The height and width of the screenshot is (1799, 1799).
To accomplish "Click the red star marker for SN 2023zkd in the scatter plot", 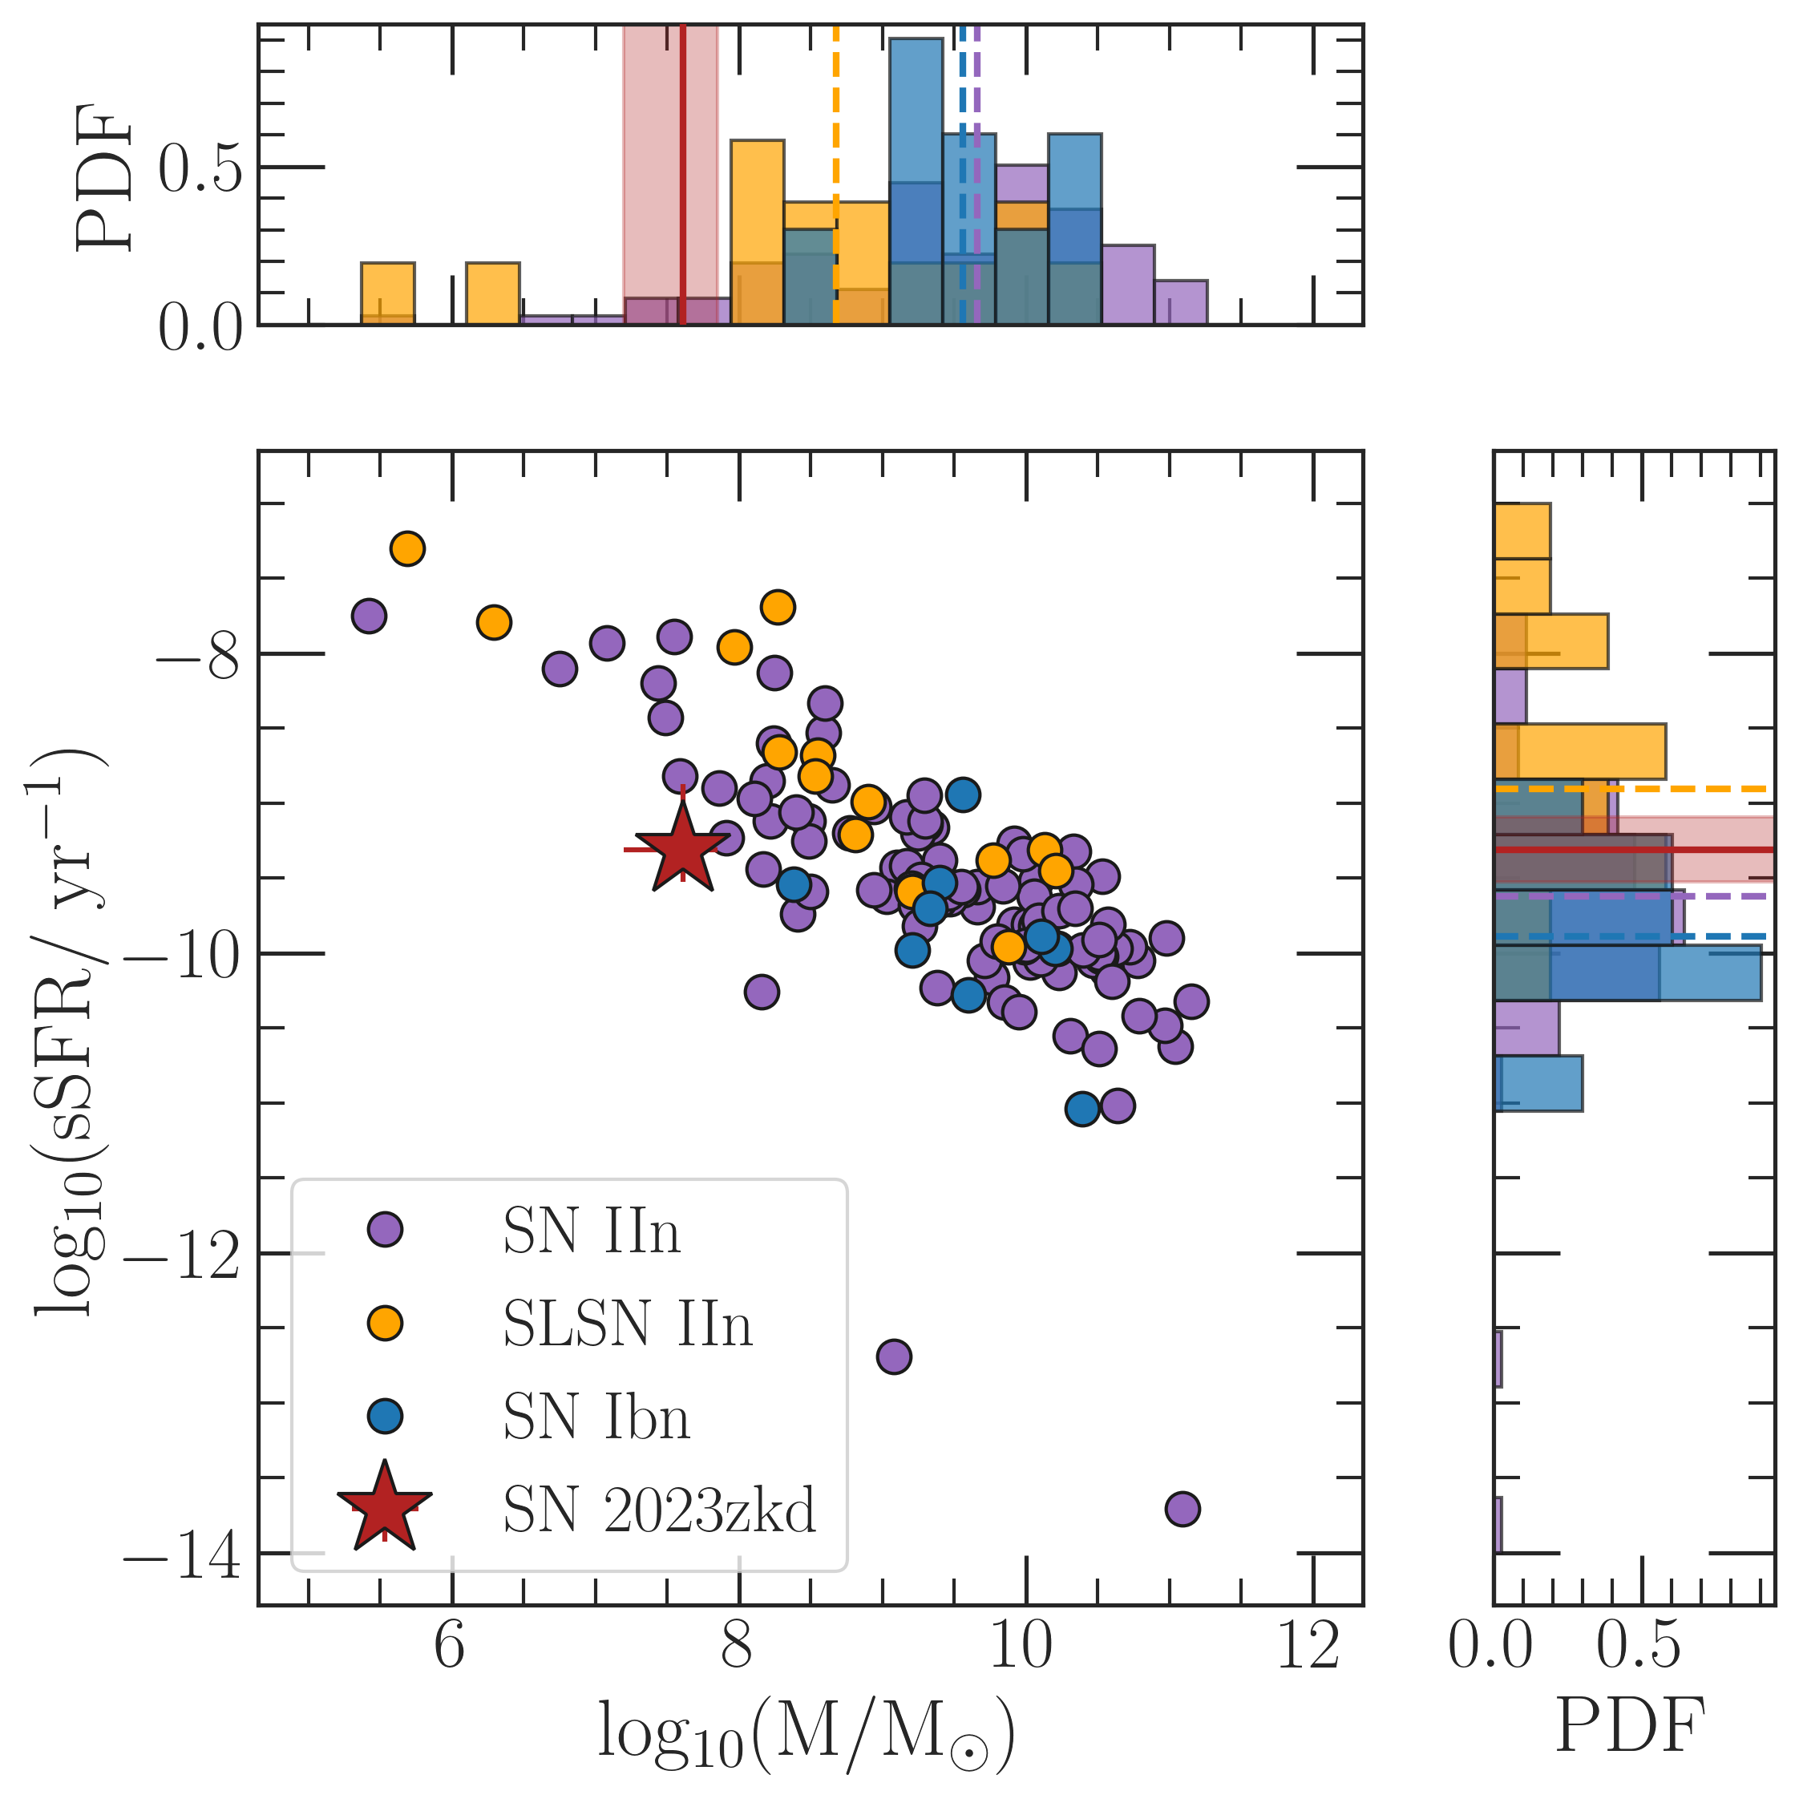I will (x=682, y=849).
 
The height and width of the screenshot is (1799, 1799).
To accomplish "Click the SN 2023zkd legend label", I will (x=658, y=1510).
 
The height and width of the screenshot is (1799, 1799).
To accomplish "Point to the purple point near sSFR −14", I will (x=1182, y=1509).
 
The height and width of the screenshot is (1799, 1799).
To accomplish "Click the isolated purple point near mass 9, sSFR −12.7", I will (x=894, y=1356).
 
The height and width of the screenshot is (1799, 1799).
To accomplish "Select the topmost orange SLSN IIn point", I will (x=408, y=548).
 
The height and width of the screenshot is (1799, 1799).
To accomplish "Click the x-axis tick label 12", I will (x=1311, y=1647).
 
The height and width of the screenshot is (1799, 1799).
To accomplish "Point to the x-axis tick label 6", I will (x=451, y=1647).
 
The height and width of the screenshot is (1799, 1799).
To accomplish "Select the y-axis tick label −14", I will (x=183, y=1555).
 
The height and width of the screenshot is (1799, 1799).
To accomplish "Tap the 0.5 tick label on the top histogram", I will (x=200, y=168).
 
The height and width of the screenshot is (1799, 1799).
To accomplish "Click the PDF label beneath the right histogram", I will (x=1631, y=1725).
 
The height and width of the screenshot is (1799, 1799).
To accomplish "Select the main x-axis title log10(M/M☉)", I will (x=806, y=1734).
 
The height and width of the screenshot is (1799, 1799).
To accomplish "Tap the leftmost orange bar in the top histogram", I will (x=387, y=294).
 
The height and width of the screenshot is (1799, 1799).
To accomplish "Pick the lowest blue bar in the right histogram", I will (x=1538, y=1083).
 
